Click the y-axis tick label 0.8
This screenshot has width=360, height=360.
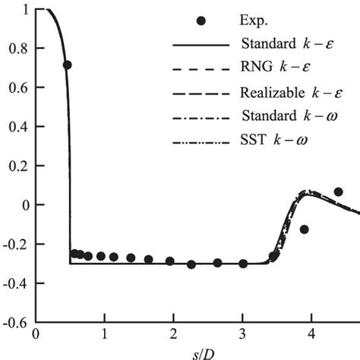pyautogui.click(x=17, y=49)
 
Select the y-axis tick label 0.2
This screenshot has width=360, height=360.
pyautogui.click(x=17, y=166)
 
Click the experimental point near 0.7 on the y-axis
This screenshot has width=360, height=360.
pyautogui.click(x=67, y=65)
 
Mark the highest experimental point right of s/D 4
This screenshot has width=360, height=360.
pyautogui.click(x=338, y=191)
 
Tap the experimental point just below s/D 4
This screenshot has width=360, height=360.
pyautogui.click(x=305, y=229)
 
